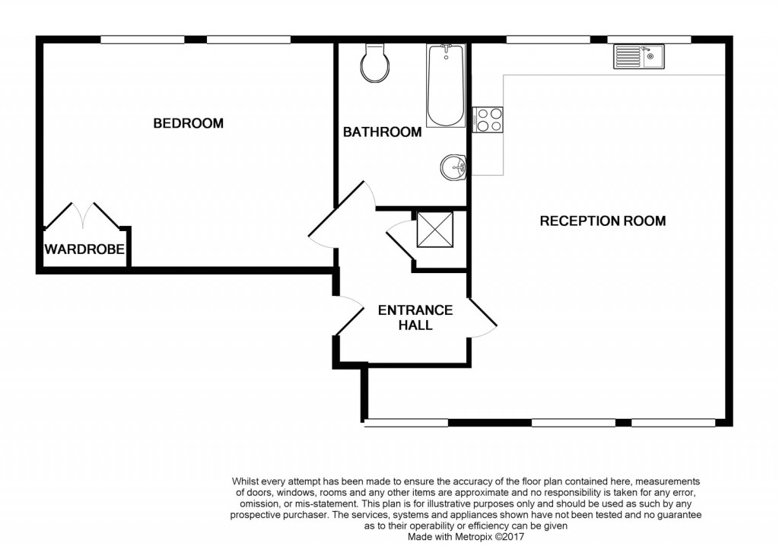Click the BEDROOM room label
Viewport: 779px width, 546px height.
click(188, 123)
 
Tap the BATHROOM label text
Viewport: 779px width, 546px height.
click(382, 132)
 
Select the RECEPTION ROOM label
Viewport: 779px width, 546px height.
click(603, 221)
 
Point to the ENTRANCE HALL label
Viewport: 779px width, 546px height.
click(415, 318)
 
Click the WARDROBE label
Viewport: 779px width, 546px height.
click(84, 249)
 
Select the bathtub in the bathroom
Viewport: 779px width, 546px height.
click(445, 85)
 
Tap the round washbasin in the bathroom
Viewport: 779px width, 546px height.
click(453, 166)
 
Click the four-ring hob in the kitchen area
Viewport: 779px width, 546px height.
click(488, 120)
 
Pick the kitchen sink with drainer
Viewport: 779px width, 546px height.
click(638, 56)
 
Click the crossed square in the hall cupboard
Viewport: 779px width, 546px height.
click(435, 230)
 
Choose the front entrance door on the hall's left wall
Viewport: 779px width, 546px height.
click(347, 316)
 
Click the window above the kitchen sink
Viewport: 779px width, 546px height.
click(648, 39)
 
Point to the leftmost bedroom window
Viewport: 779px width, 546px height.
click(142, 39)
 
